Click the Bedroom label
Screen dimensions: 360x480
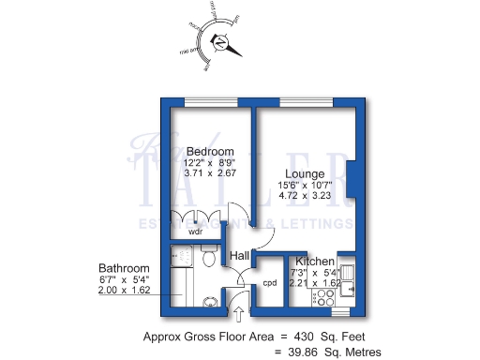[x=209, y=152]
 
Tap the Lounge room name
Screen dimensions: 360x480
[x=307, y=173]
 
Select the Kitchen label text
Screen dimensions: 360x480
[x=315, y=261]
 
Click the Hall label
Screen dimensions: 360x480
[x=240, y=255]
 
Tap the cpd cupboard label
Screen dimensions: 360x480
[x=269, y=282]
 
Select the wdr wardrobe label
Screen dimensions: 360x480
[x=196, y=231]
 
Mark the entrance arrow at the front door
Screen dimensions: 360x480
[x=237, y=313]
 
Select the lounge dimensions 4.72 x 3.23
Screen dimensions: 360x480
[x=307, y=196]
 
